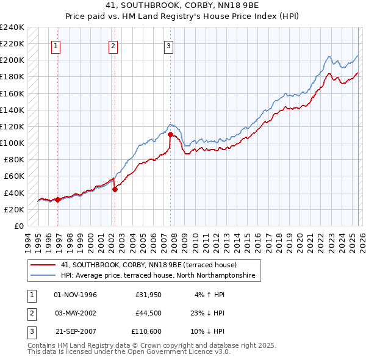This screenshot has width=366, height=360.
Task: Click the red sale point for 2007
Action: coord(170,134)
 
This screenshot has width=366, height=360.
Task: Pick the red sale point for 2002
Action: coord(115,189)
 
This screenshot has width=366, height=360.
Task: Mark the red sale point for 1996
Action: coord(57,200)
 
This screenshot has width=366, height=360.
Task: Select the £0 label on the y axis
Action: coord(19,226)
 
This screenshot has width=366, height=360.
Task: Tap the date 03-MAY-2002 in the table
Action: coord(75,313)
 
